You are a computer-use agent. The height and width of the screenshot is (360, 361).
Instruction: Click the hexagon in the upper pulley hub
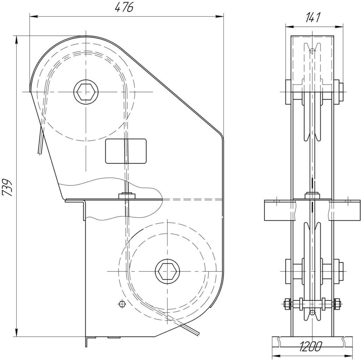(x=86, y=92)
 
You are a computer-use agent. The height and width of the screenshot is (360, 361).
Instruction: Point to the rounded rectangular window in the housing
(x=126, y=151)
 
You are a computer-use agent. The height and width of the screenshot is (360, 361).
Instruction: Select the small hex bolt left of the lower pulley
(x=122, y=304)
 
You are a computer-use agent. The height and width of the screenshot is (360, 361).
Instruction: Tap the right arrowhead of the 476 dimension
(x=219, y=16)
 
